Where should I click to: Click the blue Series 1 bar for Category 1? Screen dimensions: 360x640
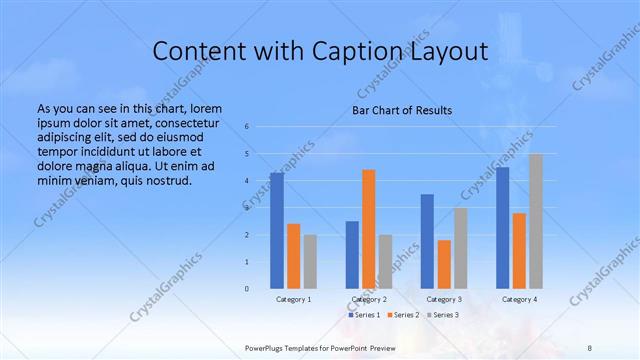coord(277,231)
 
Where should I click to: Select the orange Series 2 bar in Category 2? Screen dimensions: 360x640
coord(369,229)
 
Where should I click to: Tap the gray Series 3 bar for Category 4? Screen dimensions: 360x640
coord(536,221)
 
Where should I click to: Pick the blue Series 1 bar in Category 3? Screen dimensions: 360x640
coord(427,241)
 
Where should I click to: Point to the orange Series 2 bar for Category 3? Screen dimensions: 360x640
coord(444,264)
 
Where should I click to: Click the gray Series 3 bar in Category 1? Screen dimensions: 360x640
coord(310,261)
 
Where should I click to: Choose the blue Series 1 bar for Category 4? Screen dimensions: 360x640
coord(502,228)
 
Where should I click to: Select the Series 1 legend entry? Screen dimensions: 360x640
coord(365,314)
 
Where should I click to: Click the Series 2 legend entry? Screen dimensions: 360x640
coord(402,314)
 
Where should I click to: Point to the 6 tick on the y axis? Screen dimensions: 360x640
coord(246,127)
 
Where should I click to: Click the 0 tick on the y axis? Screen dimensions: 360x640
coord(246,288)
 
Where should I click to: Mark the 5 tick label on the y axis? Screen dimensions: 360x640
coord(246,154)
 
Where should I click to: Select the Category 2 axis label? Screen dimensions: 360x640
coord(369,299)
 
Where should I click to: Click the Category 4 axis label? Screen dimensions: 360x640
coord(519,299)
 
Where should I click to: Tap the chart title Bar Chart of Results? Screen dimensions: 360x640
coord(402,110)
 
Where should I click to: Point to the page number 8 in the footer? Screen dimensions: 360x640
coord(590,347)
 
